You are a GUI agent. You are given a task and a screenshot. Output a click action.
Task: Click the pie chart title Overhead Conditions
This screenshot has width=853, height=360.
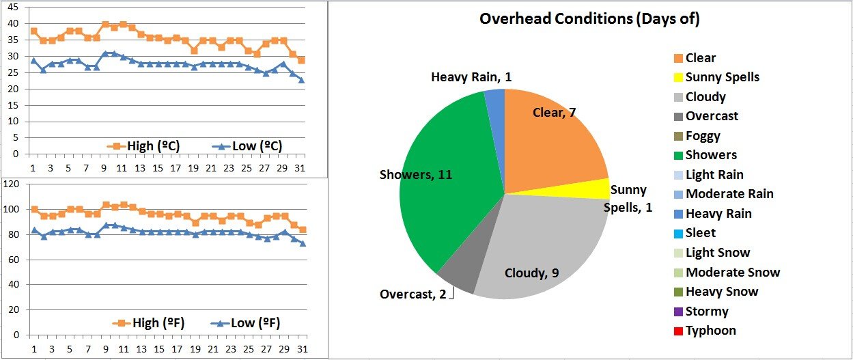[x=589, y=18]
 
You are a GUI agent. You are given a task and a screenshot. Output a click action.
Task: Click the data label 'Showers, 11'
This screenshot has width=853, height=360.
[x=416, y=175]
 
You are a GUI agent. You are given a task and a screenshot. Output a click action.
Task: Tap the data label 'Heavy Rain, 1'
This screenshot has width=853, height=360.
[x=471, y=77]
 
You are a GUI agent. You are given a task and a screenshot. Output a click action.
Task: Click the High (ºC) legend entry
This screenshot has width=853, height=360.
[x=145, y=146]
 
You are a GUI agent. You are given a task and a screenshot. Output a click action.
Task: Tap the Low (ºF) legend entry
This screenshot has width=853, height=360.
[x=245, y=323]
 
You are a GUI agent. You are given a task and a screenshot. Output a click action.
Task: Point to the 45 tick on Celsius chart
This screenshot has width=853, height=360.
[x=14, y=8]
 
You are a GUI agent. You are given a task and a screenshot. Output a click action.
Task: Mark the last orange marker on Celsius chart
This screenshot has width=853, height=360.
[x=302, y=60]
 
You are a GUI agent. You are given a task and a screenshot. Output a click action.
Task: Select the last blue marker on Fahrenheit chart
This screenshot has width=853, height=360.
[x=302, y=243]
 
